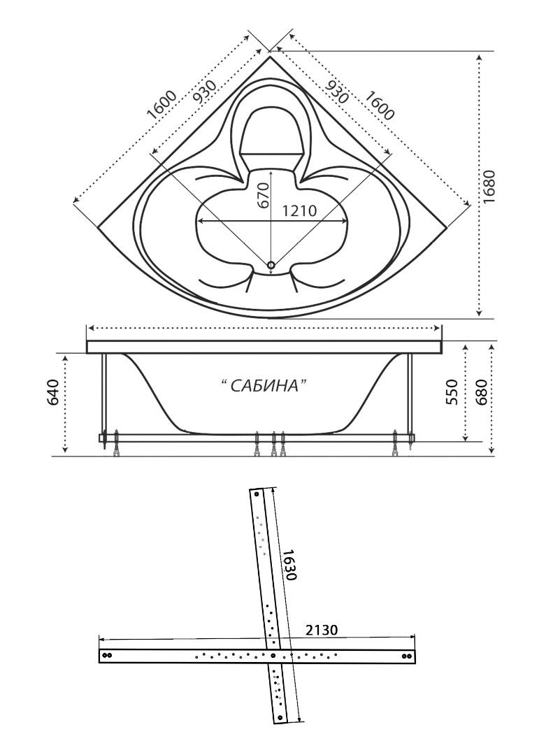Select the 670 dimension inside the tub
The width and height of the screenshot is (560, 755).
(x=263, y=196)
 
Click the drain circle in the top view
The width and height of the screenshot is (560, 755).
(x=272, y=264)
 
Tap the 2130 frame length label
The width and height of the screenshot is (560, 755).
(x=322, y=629)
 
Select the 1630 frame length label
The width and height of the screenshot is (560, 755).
(x=291, y=563)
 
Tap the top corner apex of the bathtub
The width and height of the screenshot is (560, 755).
(x=271, y=57)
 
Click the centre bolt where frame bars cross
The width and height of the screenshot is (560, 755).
(x=278, y=656)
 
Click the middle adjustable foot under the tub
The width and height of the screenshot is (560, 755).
(x=273, y=445)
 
